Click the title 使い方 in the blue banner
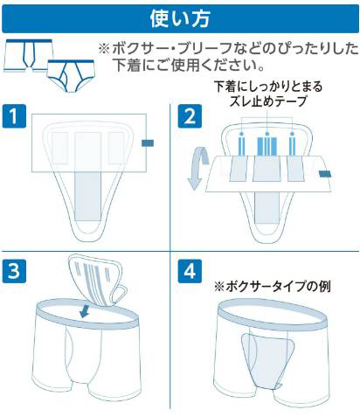click(180, 18)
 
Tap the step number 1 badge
click(14, 116)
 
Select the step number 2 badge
click(190, 116)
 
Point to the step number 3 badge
click(14, 271)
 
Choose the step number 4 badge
click(190, 271)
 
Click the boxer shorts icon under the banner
click(29, 55)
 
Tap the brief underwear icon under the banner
click(71, 75)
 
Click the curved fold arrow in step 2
click(197, 169)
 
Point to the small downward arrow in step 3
click(85, 311)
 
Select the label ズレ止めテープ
click(268, 101)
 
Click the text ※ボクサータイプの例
click(273, 286)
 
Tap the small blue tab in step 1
click(148, 143)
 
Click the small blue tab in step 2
click(325, 174)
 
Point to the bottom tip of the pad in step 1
click(88, 241)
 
